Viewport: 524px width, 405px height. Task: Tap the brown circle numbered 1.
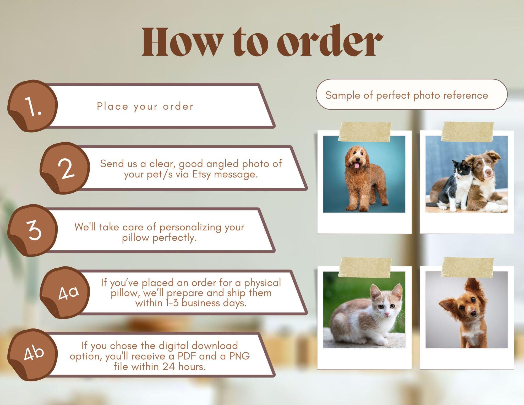tap(32, 106)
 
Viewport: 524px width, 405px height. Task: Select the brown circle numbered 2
tap(65, 168)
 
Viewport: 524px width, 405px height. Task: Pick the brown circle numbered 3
tap(32, 230)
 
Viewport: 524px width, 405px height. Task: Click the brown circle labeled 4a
tap(65, 293)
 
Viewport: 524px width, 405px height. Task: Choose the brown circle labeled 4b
tap(32, 355)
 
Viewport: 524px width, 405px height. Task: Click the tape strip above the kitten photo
tap(365, 267)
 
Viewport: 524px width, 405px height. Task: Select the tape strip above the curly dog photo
tap(365, 132)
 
